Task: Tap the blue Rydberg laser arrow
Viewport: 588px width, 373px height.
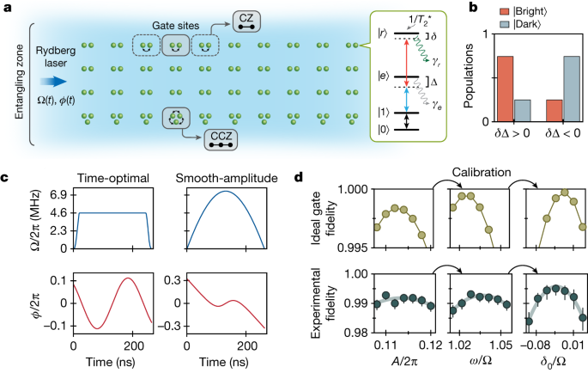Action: coord(51,82)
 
